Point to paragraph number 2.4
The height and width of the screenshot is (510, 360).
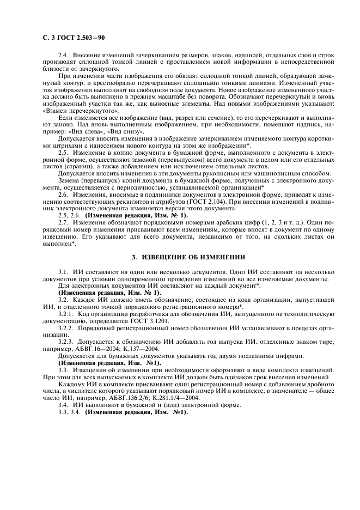click(64, 56)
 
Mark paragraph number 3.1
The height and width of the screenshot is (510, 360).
click(64, 271)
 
